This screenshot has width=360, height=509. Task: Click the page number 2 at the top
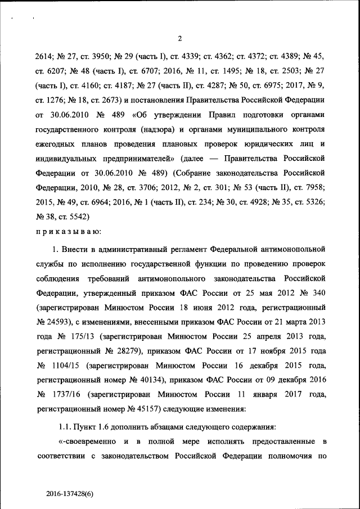pos(179,38)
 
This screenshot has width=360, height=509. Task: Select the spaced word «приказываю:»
pos(68,231)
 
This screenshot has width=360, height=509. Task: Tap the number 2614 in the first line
pos(44,57)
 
